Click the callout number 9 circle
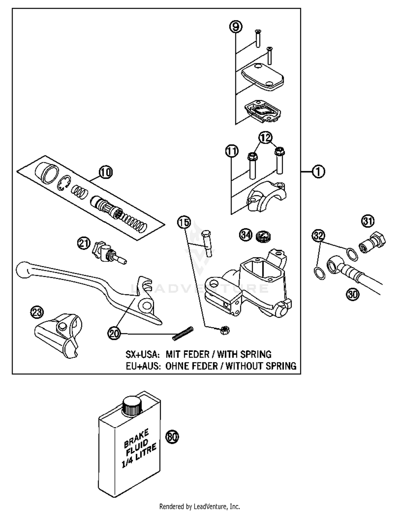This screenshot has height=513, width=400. pyautogui.click(x=236, y=27)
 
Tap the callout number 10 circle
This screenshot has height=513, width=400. pyautogui.click(x=106, y=172)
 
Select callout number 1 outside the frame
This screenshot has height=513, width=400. pyautogui.click(x=318, y=171)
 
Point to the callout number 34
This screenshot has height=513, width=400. pyautogui.click(x=246, y=235)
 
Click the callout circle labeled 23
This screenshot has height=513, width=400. pyautogui.click(x=37, y=312)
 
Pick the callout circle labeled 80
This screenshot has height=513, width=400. pyautogui.click(x=172, y=437)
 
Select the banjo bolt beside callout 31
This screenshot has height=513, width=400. pyautogui.click(x=373, y=242)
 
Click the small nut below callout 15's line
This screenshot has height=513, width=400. pyautogui.click(x=225, y=331)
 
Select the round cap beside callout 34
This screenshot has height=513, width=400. pyautogui.click(x=263, y=236)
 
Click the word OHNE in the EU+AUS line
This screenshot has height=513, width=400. pyautogui.click(x=176, y=366)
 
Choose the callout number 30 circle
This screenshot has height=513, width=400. pyautogui.click(x=353, y=294)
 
